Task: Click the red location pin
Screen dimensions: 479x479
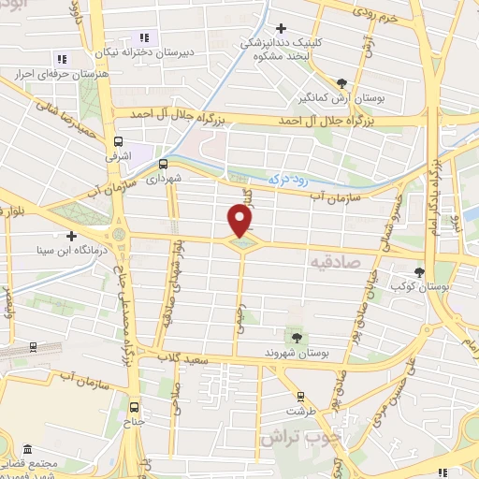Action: (240, 221)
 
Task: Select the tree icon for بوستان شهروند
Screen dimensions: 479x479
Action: (297, 336)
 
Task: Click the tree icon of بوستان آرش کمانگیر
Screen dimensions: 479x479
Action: (341, 82)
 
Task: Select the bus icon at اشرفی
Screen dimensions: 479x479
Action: (118, 143)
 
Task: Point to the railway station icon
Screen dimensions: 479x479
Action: (34, 346)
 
